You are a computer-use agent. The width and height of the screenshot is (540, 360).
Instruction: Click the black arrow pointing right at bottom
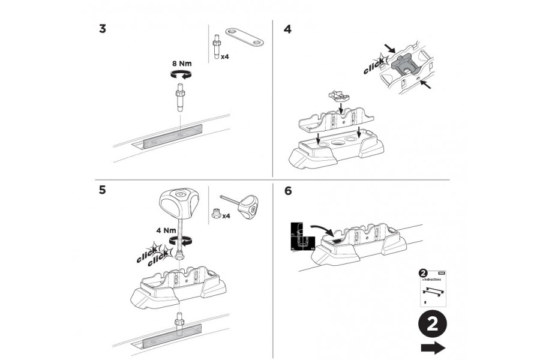click(x=432, y=347)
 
